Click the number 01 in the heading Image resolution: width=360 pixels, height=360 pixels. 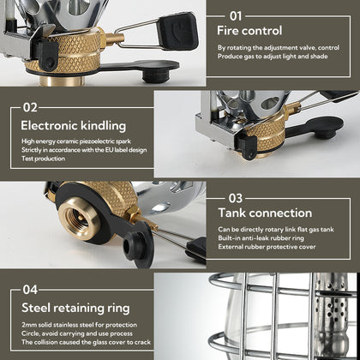click(x=234, y=15)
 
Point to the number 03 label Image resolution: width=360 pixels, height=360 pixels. click(x=235, y=196)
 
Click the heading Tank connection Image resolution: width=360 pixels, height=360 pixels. click(x=264, y=213)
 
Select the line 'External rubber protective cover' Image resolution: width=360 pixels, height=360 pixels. click(x=267, y=249)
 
